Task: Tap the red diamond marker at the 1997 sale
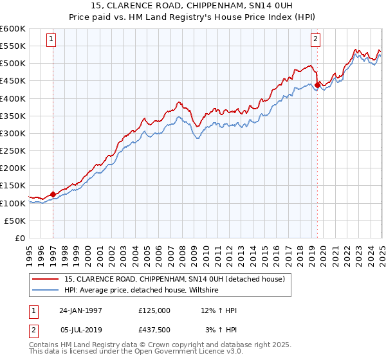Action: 53,194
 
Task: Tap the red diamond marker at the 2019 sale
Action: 318,84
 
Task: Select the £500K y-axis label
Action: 14,63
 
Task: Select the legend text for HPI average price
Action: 142,291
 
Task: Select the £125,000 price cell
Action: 154,310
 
